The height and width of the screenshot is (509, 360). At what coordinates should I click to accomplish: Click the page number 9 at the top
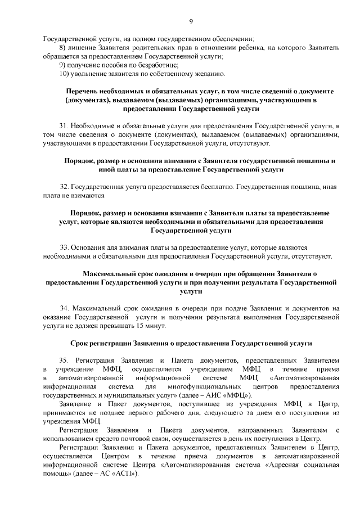(x=191, y=21)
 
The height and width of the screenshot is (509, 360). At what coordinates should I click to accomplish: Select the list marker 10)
(x=64, y=74)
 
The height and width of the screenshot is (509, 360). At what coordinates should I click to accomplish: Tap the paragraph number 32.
(x=64, y=186)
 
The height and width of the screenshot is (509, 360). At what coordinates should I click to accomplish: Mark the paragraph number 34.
(x=64, y=308)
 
